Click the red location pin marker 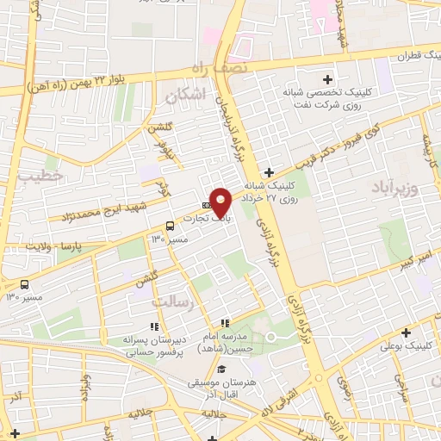tap(221, 201)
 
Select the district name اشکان tap(189, 96)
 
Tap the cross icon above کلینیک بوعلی tap(405, 332)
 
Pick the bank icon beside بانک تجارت tap(206, 205)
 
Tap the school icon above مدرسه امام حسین tap(225, 322)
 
